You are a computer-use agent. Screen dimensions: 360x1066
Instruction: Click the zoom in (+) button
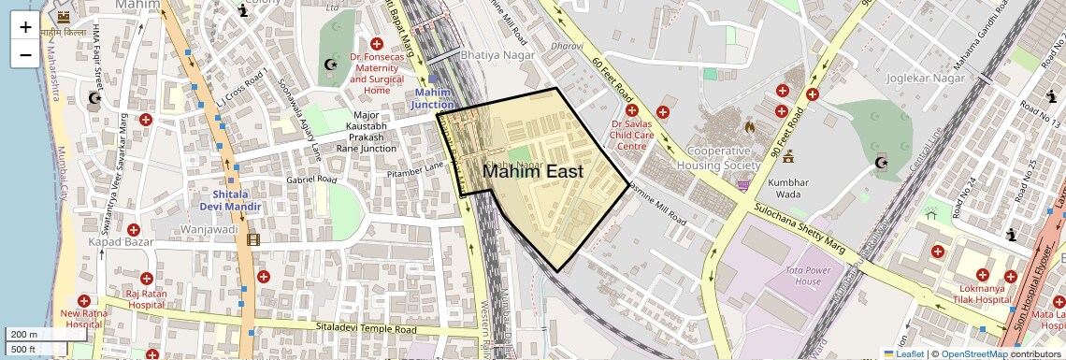(25, 27)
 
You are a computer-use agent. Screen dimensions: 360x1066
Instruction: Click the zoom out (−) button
(25, 54)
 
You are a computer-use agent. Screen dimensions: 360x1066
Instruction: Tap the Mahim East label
(533, 172)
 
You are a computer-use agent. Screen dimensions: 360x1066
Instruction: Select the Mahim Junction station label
(432, 99)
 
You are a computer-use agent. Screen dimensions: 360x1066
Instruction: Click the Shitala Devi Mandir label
(230, 200)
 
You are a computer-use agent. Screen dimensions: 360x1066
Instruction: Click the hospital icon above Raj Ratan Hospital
(145, 279)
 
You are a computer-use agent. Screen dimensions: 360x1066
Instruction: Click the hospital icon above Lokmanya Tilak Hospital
(982, 276)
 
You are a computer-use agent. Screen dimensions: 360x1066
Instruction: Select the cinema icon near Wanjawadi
(253, 239)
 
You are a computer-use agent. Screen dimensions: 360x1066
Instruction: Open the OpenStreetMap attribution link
(974, 353)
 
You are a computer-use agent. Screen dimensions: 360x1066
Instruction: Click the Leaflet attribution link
(905, 353)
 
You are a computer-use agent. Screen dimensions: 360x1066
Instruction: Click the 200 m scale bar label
(25, 335)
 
